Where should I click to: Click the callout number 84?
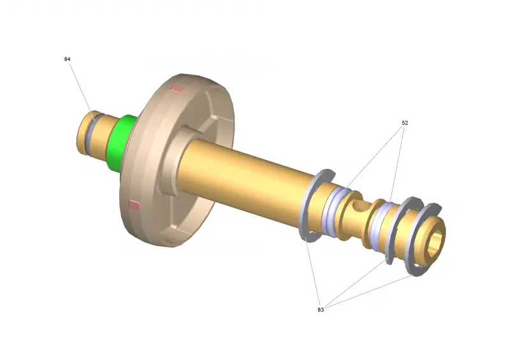pos(67,59)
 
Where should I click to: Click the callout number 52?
pos(405,122)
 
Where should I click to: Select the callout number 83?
pos(321,310)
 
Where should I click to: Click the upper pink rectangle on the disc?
pos(178,89)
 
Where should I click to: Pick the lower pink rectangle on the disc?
pos(135,205)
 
